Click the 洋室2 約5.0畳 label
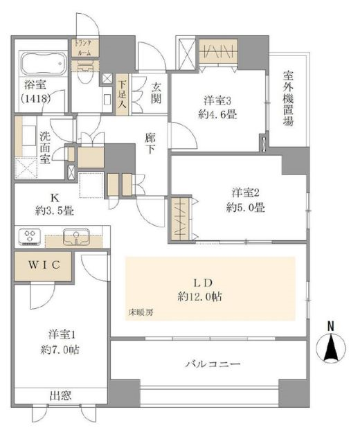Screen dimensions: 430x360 [x=245, y=201]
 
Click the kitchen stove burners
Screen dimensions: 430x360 [x=30, y=238]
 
